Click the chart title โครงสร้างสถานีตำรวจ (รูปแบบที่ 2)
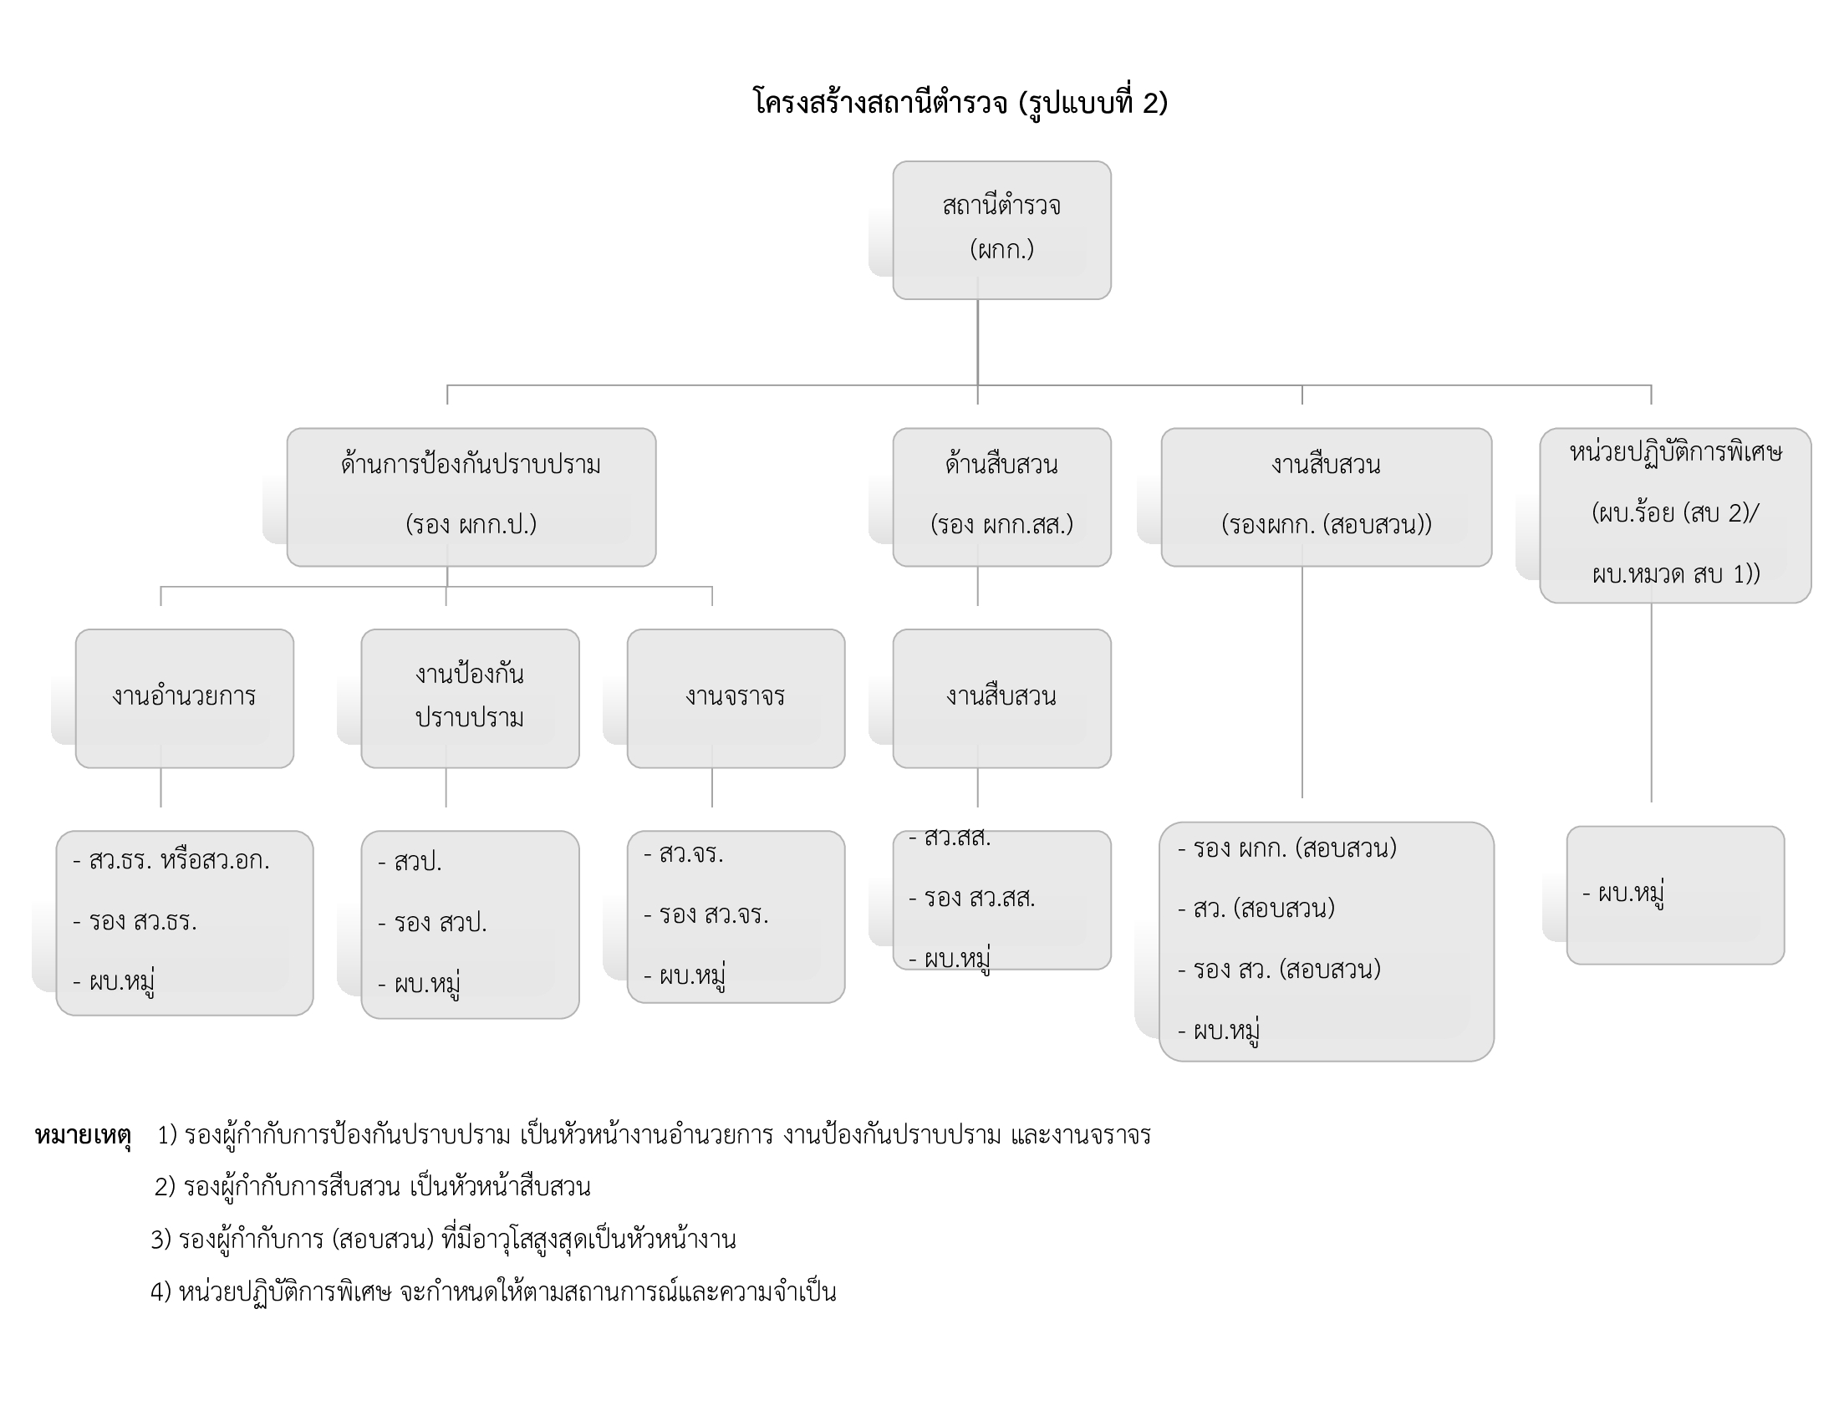point(960,103)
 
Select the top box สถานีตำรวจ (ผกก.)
point(1001,229)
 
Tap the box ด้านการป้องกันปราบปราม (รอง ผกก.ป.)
point(471,496)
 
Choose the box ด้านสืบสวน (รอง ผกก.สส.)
point(1001,496)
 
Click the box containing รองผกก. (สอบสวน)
point(1327,496)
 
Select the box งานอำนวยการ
point(185,697)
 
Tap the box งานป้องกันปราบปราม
point(470,697)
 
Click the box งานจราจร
point(735,697)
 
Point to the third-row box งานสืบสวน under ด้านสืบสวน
point(1001,697)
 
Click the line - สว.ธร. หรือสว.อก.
point(171,861)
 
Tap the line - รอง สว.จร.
point(706,915)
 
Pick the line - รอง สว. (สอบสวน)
point(1280,970)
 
